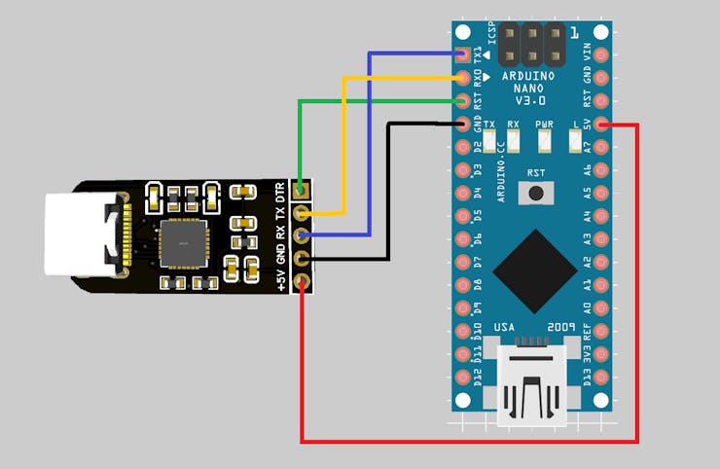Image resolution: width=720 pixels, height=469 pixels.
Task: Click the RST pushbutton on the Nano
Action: click(533, 195)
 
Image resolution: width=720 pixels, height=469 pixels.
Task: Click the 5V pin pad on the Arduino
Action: click(602, 124)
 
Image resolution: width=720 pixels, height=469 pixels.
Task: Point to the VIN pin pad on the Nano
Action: click(602, 54)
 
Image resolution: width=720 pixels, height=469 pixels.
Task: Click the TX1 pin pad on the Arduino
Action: click(463, 54)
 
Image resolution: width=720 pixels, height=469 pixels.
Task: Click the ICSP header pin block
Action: click(532, 42)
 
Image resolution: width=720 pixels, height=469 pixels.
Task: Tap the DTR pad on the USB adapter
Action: click(304, 191)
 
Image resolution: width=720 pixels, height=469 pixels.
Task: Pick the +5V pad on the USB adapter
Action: click(304, 282)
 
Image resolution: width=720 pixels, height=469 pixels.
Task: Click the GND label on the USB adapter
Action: click(281, 254)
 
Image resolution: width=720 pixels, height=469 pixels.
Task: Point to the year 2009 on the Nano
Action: click(562, 327)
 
